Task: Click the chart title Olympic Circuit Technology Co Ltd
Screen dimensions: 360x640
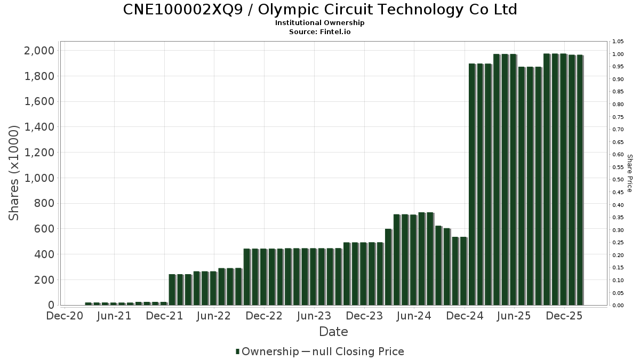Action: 320,10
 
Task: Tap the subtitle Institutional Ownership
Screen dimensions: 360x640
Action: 320,23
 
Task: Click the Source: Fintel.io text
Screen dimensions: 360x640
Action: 320,32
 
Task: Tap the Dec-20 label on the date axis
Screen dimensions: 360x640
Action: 64,316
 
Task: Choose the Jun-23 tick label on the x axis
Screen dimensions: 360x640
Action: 314,316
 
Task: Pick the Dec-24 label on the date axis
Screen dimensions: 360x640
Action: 465,316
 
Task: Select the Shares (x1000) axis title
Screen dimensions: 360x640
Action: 14,173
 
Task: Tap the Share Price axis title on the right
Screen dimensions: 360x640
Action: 629,173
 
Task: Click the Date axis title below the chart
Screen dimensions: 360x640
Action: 333,332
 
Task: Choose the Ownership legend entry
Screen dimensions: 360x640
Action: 268,351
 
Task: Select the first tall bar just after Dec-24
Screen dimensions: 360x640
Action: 472,184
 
